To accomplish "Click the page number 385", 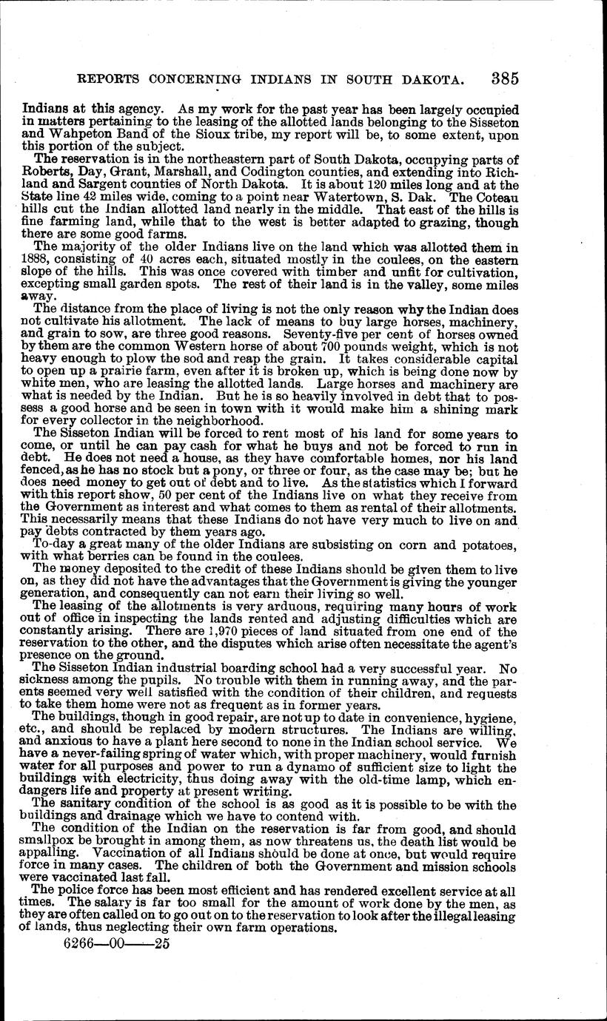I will pyautogui.click(x=503, y=78).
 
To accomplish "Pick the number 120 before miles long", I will pyautogui.click(x=406, y=184).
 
